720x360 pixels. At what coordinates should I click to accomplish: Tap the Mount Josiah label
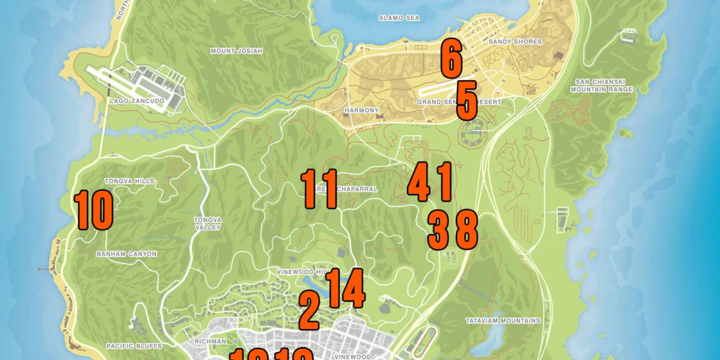tap(236, 51)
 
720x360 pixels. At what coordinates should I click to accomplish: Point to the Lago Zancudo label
tap(136, 101)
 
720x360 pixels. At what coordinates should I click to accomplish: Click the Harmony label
tap(361, 111)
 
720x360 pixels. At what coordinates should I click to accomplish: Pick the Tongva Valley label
tap(208, 224)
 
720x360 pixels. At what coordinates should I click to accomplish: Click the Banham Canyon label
tap(126, 254)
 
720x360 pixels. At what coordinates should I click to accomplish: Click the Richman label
tap(211, 342)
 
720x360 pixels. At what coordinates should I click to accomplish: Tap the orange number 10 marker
tap(93, 211)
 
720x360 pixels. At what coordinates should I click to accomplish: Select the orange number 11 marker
tap(319, 189)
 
